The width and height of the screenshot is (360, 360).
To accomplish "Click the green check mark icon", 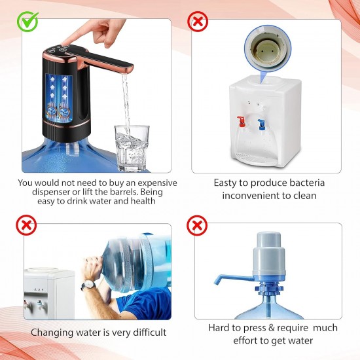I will (x=27, y=22).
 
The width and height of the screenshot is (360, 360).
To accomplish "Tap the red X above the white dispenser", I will (x=197, y=22).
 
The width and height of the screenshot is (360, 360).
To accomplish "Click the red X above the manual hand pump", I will (x=197, y=226).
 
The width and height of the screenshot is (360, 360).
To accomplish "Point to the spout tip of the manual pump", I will (x=217, y=280).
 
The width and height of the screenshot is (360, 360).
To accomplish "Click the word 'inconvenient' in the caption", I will (x=251, y=196).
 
